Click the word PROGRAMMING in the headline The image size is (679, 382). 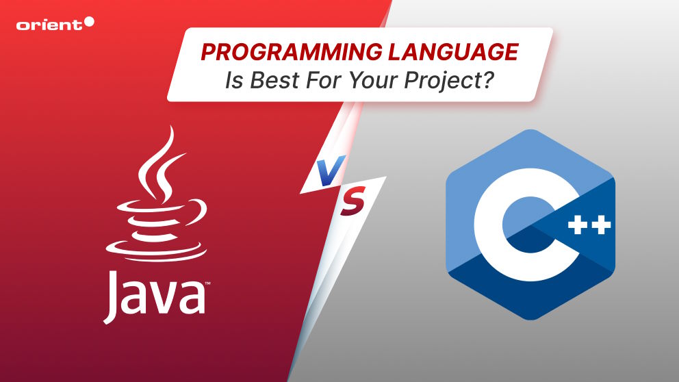pos(291,52)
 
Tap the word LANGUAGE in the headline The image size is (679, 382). pos(453,52)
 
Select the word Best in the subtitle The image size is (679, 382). pos(275,80)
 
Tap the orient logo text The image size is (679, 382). pos(49,25)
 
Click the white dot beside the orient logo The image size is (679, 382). pos(89,22)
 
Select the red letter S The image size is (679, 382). pos(353,201)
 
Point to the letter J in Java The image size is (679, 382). pos(112,297)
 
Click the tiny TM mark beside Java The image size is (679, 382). pos(208,283)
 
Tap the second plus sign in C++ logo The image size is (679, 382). pos(602,225)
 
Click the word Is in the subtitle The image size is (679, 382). pos(234,80)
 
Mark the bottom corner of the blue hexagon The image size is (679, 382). pos(530,320)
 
